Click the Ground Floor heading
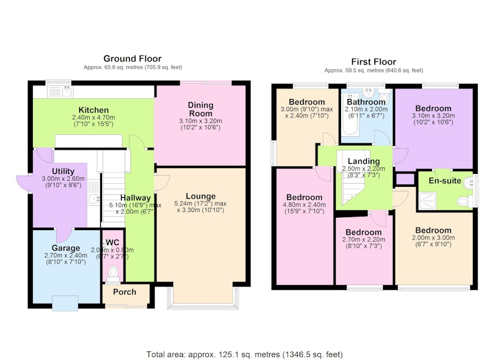click(132, 59)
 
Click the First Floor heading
click(374, 62)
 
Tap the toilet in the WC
click(113, 273)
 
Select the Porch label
click(125, 292)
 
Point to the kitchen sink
click(60, 92)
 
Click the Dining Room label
click(200, 109)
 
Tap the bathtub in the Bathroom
click(350, 116)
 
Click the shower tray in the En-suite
click(428, 201)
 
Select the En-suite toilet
click(465, 201)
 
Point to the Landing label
click(364, 161)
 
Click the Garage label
click(66, 248)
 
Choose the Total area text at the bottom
click(244, 354)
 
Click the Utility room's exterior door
click(23, 183)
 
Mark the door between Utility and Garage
click(65, 235)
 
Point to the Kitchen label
click(93, 110)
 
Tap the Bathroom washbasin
click(368, 93)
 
